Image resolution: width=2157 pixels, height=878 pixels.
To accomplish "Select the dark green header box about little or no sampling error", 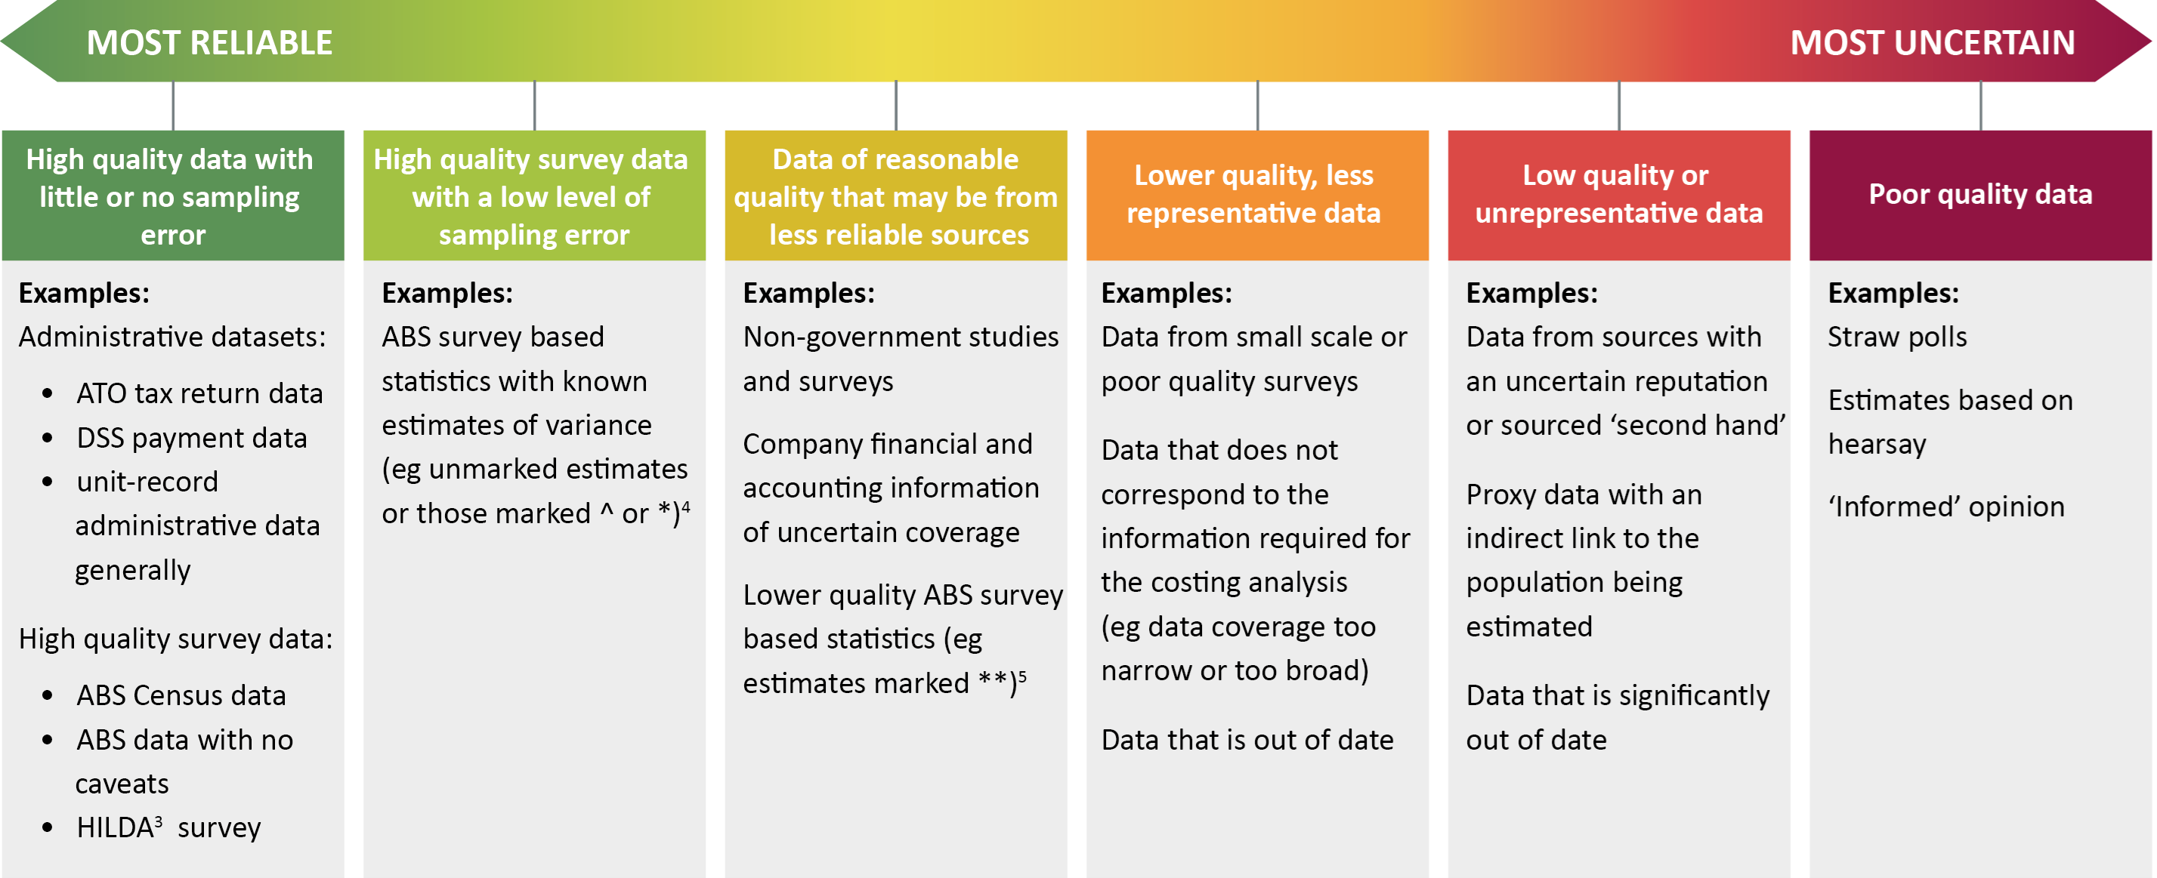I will pos(172,196).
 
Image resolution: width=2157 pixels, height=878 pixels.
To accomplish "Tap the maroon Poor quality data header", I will pos(1979,194).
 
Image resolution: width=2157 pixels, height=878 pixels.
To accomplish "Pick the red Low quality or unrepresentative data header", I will pos(1618,194).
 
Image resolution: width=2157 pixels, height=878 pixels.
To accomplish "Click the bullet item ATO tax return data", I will pos(199,393).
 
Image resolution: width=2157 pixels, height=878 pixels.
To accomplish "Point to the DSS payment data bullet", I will pos(191,438).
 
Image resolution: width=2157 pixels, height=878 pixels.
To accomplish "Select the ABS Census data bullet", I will pos(181,695).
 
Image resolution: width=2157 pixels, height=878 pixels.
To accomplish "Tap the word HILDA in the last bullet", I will pos(115,827).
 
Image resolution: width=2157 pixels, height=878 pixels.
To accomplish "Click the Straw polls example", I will pos(1896,337).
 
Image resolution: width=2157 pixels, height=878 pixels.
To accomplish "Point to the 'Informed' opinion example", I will pos(1946,507).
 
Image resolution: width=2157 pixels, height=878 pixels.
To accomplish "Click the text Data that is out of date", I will pos(1247,740).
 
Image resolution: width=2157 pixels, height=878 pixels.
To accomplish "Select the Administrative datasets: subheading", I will pos(172,337).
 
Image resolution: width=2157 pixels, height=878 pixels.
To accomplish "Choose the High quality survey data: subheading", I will pos(175,639).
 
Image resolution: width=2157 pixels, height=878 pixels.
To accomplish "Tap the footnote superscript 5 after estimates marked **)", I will pos(1022,675).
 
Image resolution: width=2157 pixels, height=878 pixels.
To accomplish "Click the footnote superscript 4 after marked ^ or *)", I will pos(686,506).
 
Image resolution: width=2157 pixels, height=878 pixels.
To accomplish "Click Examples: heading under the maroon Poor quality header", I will pos(1893,293).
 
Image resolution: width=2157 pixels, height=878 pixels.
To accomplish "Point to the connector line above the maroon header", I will pos(1980,106).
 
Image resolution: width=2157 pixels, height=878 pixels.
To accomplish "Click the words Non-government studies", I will pos(900,337).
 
